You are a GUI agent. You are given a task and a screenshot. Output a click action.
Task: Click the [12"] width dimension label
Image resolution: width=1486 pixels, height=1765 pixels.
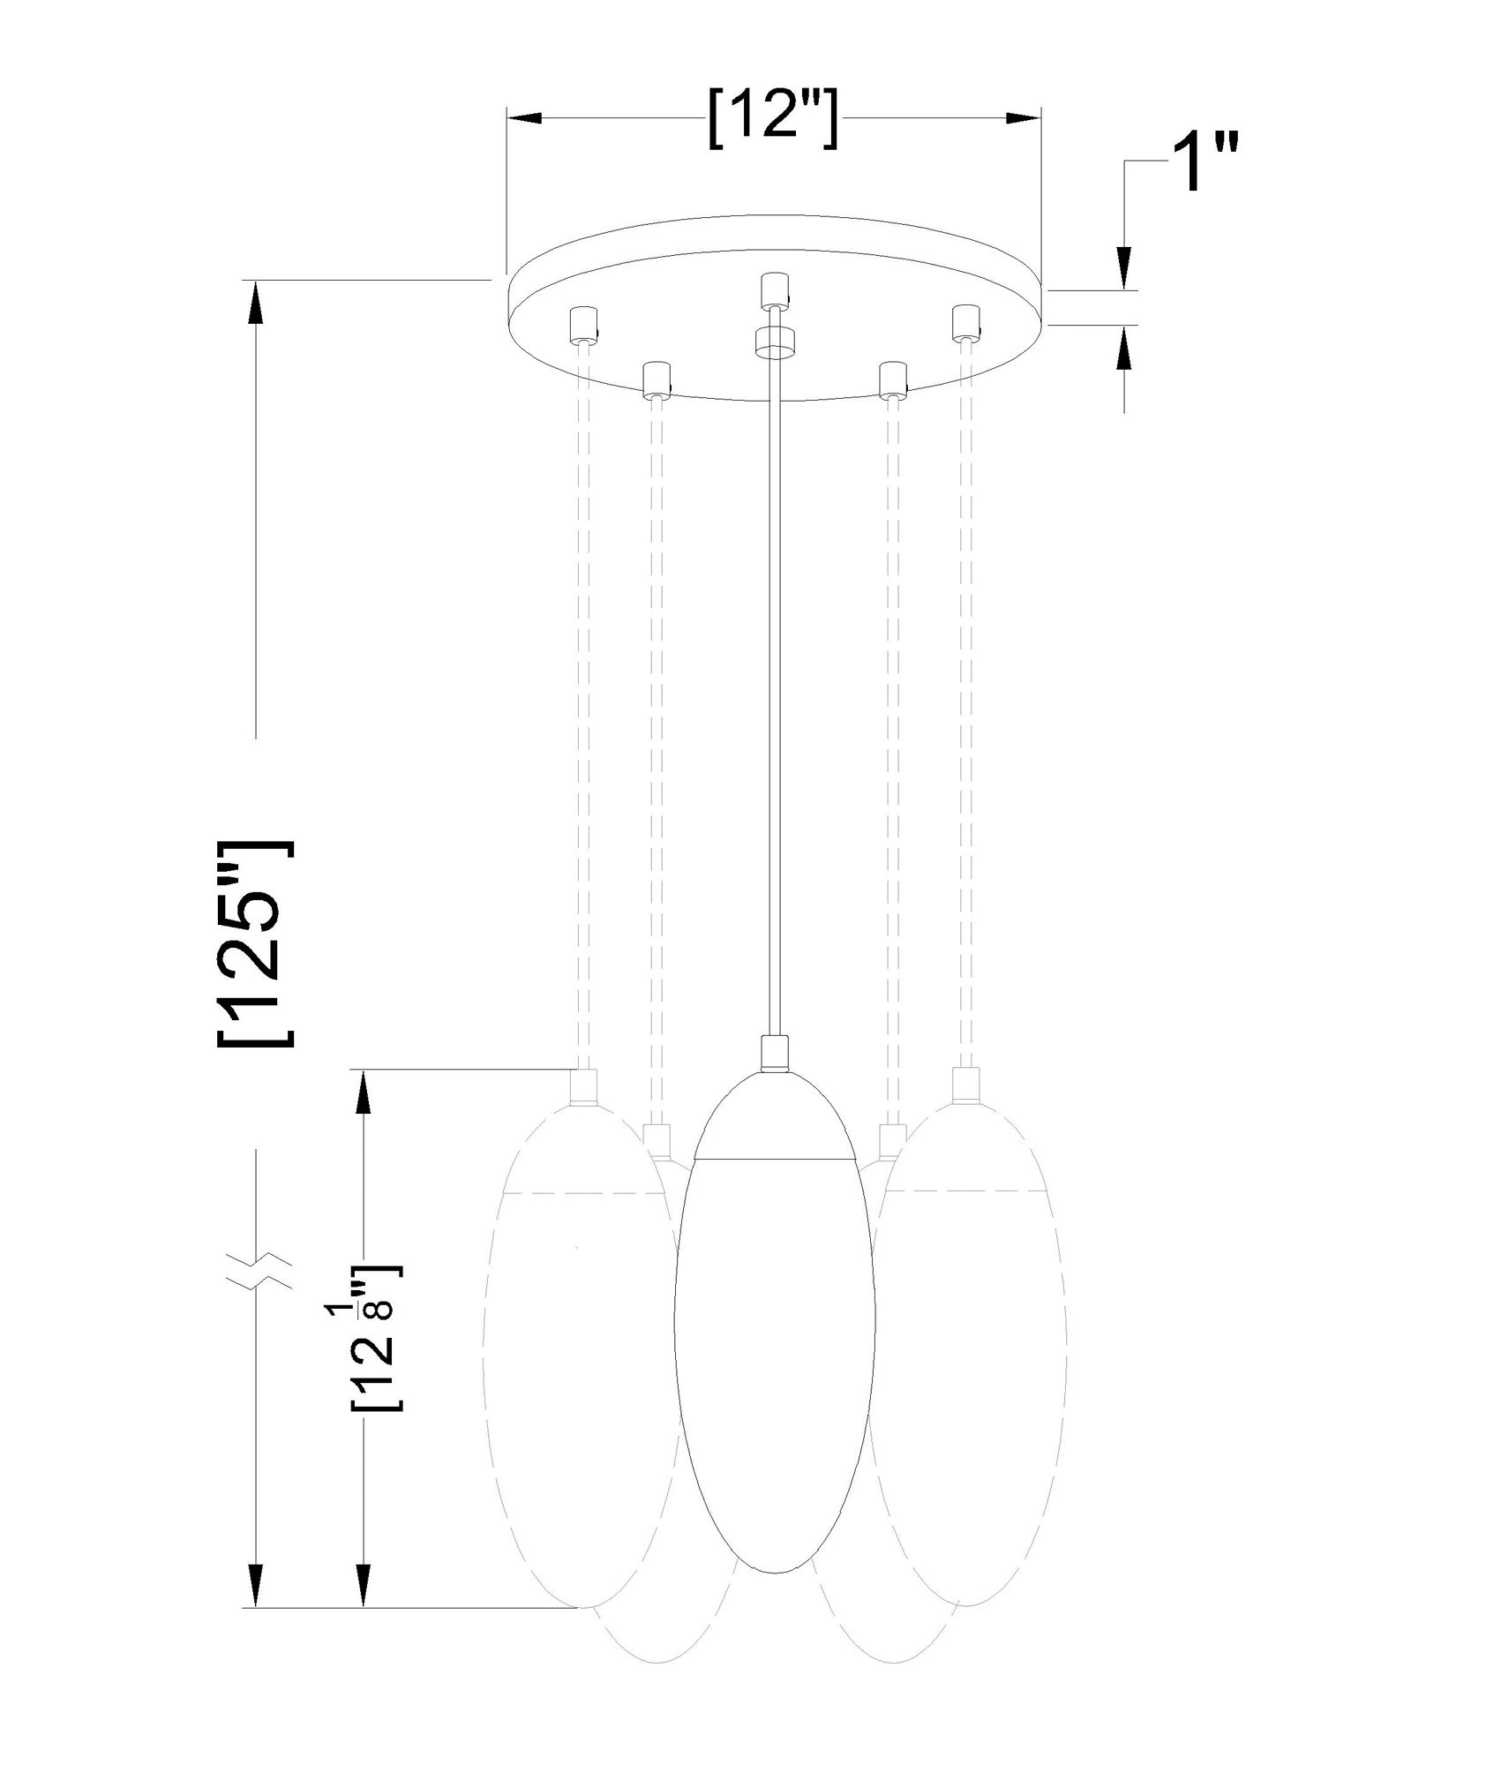772,117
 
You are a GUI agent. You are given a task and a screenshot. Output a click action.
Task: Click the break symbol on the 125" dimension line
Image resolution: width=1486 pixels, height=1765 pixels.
255,1261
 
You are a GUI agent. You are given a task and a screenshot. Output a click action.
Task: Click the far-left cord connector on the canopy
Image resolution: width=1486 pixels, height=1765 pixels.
583,325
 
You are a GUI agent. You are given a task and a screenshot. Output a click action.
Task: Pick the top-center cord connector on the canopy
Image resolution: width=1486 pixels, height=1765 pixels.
774,290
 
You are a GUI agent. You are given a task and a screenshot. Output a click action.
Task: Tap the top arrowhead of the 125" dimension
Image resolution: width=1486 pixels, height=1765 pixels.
255,300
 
